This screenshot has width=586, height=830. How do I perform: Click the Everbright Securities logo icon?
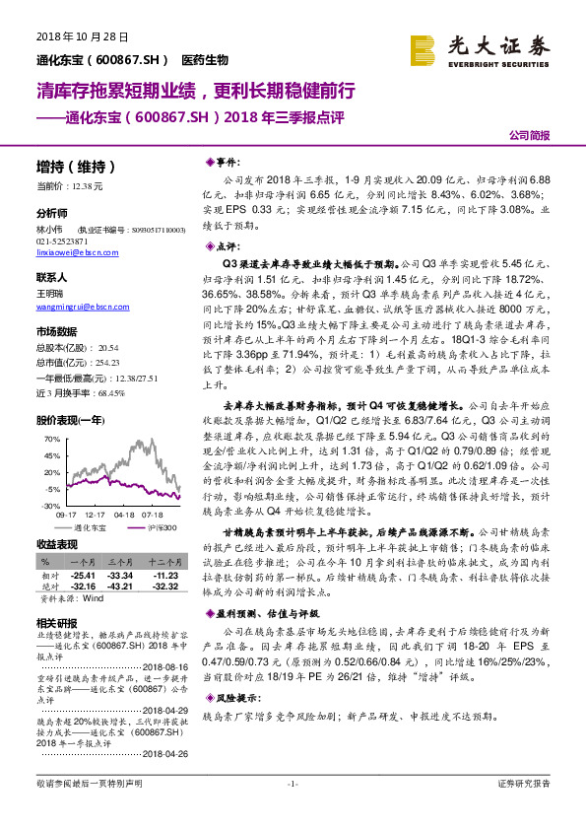click(x=423, y=49)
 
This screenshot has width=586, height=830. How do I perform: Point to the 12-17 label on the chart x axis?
click(x=95, y=514)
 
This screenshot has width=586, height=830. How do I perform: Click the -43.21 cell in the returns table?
click(x=121, y=588)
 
